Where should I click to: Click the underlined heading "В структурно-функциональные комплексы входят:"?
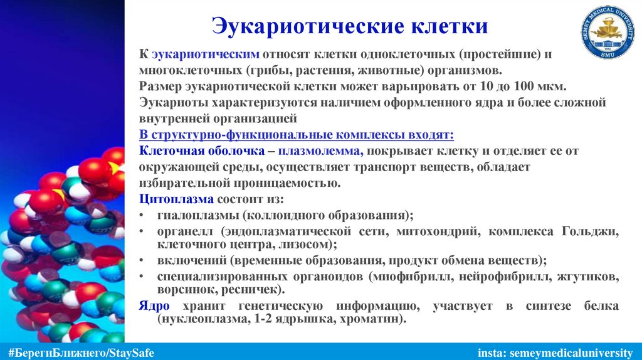[x=296, y=135]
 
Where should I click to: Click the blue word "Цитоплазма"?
[x=176, y=199]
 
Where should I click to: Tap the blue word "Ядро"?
[x=152, y=306]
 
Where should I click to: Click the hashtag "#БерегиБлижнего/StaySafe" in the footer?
[x=78, y=351]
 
